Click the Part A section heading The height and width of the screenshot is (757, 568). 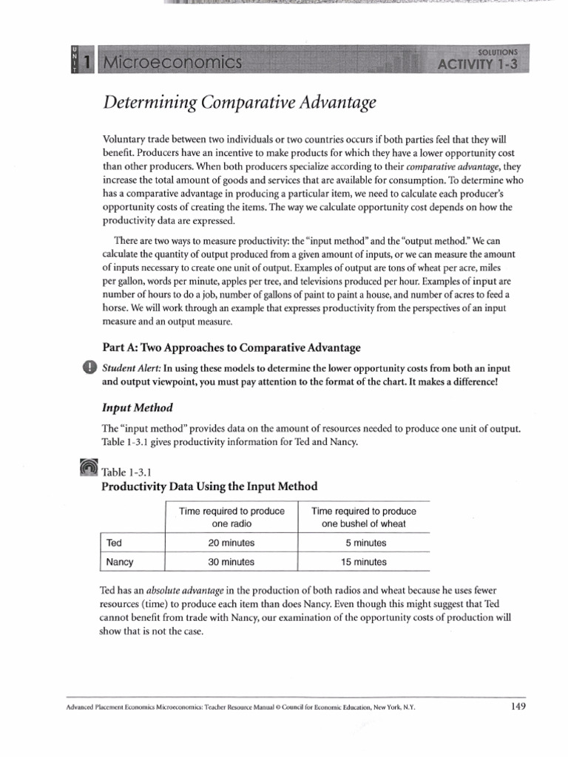[231, 347]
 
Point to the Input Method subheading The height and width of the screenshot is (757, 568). [137, 407]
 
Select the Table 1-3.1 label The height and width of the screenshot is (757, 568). [126, 471]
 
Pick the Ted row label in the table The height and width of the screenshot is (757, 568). [115, 543]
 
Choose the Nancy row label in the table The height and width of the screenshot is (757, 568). [120, 562]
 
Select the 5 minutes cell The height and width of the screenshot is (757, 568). [363, 543]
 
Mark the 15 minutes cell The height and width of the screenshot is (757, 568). [363, 562]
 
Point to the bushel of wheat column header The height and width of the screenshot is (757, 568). [363, 517]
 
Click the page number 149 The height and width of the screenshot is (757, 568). [518, 706]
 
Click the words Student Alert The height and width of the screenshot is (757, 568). [130, 368]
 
